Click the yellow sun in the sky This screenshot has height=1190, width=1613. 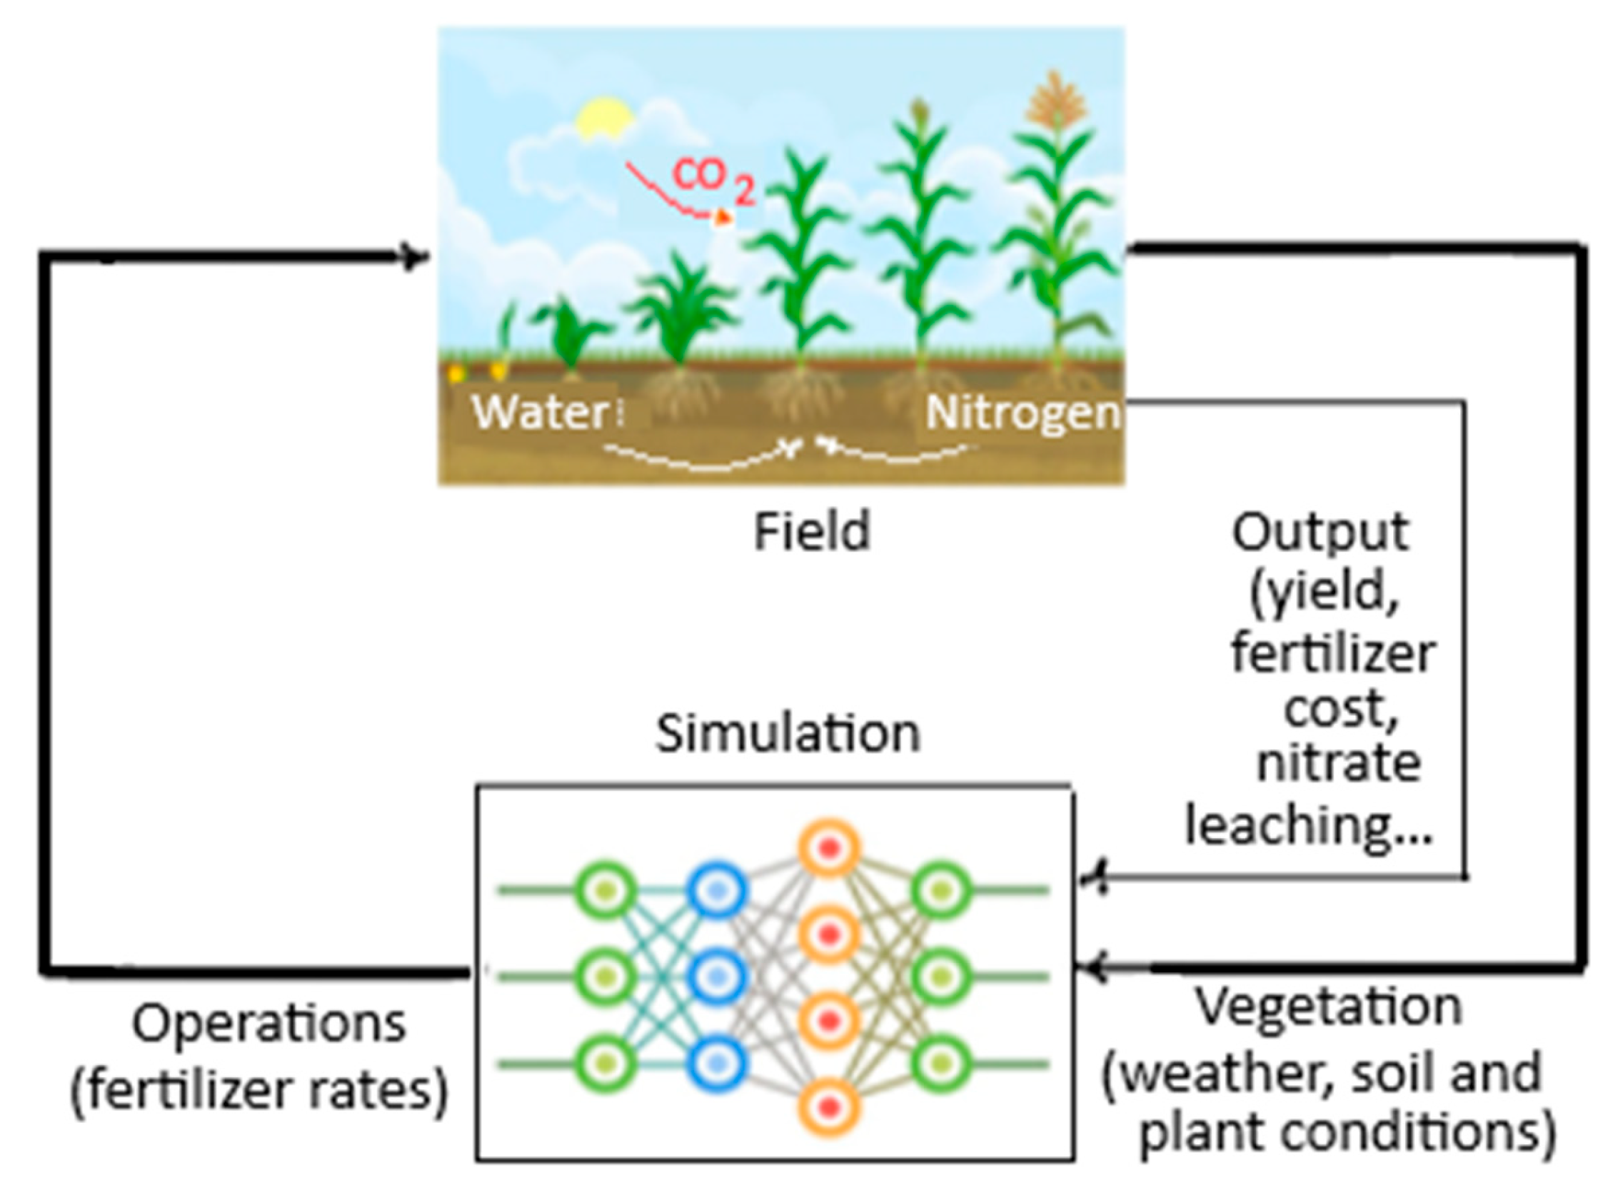(603, 119)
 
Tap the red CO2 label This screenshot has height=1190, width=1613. (712, 180)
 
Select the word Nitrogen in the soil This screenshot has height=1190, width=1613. (1022, 413)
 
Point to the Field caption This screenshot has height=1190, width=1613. (812, 532)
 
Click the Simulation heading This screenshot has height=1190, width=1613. (788, 734)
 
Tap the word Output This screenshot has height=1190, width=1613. (1320, 533)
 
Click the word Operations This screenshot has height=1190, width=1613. (268, 1024)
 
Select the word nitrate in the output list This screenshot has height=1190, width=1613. (1339, 764)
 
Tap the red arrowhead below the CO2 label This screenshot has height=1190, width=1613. (722, 218)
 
